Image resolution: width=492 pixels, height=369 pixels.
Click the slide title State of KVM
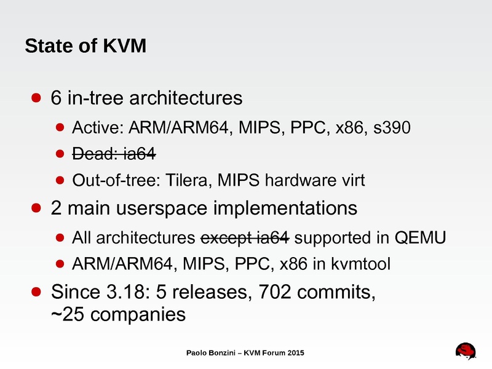(x=85, y=46)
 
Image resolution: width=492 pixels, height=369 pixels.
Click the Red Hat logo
(x=466, y=351)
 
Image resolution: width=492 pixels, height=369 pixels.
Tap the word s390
(x=392, y=128)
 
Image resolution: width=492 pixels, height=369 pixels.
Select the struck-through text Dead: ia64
(x=114, y=154)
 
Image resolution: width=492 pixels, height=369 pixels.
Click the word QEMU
(x=420, y=237)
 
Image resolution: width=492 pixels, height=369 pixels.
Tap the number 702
(x=275, y=292)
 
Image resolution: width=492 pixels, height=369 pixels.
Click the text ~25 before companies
(x=68, y=314)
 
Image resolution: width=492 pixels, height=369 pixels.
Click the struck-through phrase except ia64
(x=245, y=238)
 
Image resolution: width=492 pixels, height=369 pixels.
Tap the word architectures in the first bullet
(x=186, y=98)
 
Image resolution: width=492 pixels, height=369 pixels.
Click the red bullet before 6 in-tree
(x=36, y=98)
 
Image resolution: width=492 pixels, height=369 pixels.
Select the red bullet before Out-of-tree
(x=60, y=180)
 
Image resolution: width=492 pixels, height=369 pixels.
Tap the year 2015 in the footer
(x=296, y=353)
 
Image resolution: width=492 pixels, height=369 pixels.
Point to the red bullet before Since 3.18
(x=36, y=292)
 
